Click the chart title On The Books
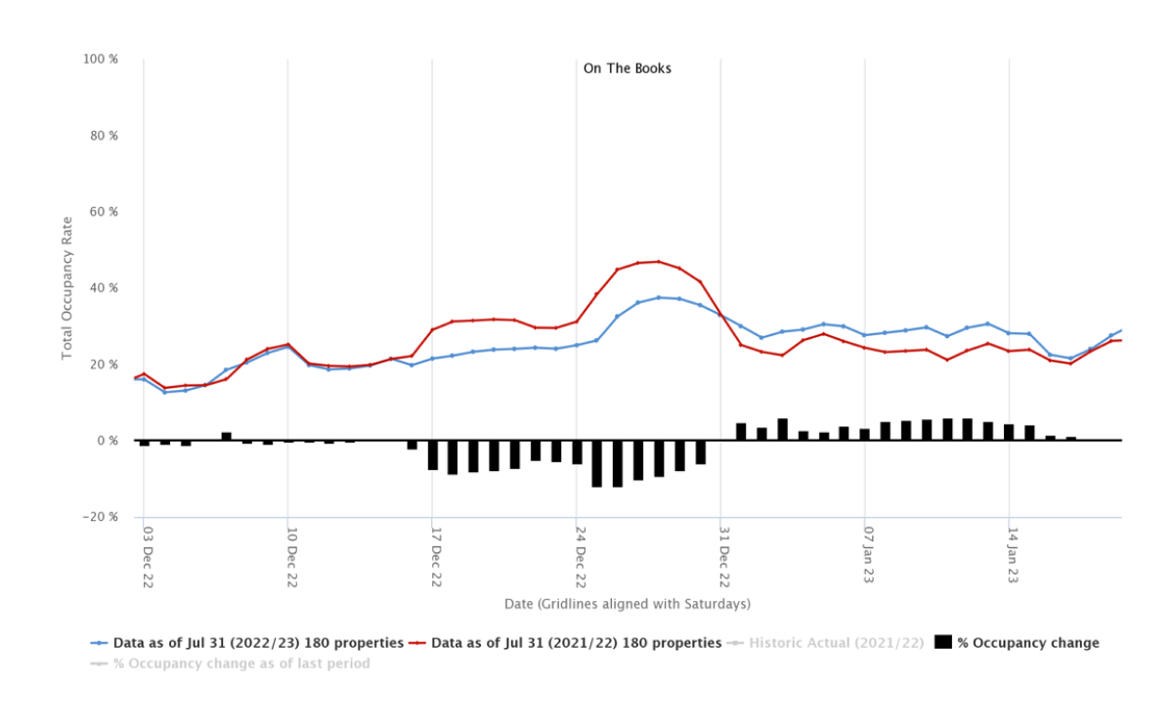tap(627, 68)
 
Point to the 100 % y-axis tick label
tap(102, 60)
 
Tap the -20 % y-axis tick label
tap(102, 517)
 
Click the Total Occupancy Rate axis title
tap(66, 289)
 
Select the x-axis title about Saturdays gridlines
tap(627, 604)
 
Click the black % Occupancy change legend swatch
tap(943, 643)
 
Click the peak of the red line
tap(659, 261)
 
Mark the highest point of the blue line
tap(659, 297)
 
